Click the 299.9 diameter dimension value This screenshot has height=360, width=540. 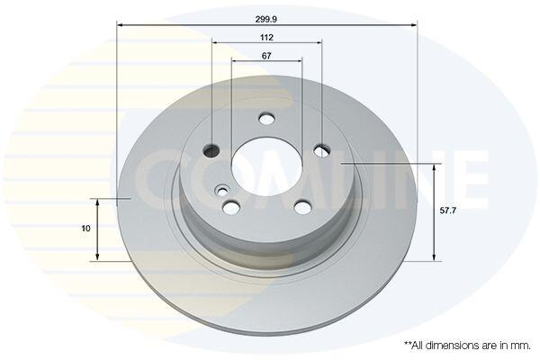click(x=265, y=19)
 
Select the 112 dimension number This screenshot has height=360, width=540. click(x=266, y=37)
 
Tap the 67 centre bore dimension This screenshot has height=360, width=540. click(x=266, y=56)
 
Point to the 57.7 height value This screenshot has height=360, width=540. click(x=447, y=211)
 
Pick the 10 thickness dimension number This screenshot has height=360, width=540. click(x=85, y=228)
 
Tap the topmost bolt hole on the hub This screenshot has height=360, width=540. click(x=266, y=119)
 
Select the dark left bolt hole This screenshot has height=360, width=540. click(x=211, y=150)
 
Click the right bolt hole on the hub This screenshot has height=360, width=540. click(x=322, y=150)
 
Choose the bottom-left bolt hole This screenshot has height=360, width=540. click(x=231, y=207)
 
